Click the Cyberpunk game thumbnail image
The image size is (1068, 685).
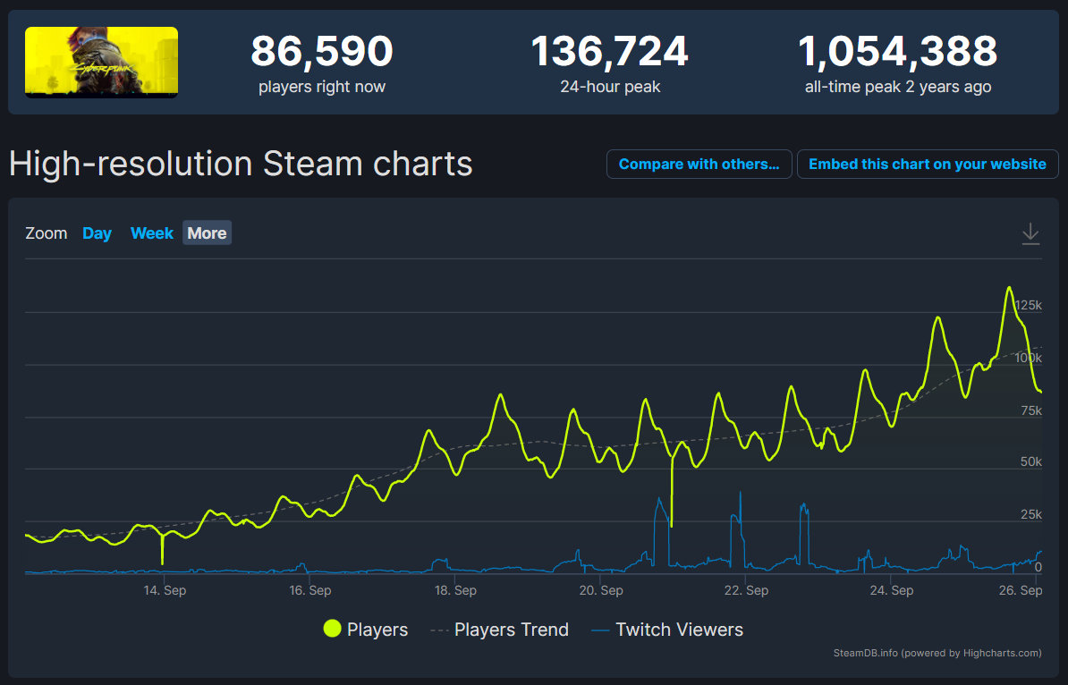101,62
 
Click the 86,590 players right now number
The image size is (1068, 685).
321,52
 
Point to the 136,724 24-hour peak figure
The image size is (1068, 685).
609,52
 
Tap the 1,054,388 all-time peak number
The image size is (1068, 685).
897,52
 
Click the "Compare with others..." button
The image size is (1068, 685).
699,165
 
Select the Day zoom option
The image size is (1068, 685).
97,233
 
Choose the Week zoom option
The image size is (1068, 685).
151,233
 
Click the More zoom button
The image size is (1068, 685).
207,233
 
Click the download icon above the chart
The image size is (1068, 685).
1030,234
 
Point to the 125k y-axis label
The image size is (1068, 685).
1028,306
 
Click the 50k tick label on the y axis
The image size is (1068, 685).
1031,461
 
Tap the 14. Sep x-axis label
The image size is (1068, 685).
164,590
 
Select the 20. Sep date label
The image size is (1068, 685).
600,590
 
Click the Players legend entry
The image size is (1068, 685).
366,630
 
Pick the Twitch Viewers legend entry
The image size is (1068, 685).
667,630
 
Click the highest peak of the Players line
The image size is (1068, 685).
1009,288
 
